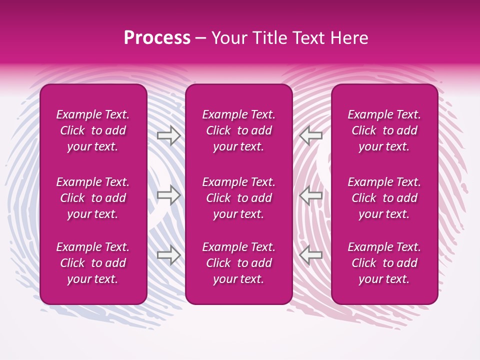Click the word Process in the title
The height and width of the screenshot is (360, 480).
(x=157, y=38)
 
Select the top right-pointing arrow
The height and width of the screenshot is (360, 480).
(x=168, y=135)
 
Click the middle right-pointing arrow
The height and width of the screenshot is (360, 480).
(x=168, y=195)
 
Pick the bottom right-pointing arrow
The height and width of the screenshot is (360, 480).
(x=168, y=255)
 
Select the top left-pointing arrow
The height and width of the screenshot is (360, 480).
(x=311, y=135)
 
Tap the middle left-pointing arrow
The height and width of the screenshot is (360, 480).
(x=311, y=195)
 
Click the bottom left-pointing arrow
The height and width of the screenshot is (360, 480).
(x=311, y=255)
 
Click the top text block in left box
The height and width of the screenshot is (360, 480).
(x=93, y=130)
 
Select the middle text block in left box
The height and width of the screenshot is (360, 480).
(x=93, y=198)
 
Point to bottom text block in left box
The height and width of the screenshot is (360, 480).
(x=93, y=263)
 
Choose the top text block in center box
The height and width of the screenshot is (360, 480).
(x=238, y=130)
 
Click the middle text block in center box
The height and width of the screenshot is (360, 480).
(x=238, y=198)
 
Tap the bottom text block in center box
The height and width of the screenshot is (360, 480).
(x=238, y=263)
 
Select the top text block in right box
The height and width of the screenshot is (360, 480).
(x=384, y=130)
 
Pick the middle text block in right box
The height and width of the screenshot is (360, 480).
(x=384, y=198)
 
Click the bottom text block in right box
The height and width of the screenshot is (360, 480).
(x=384, y=263)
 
